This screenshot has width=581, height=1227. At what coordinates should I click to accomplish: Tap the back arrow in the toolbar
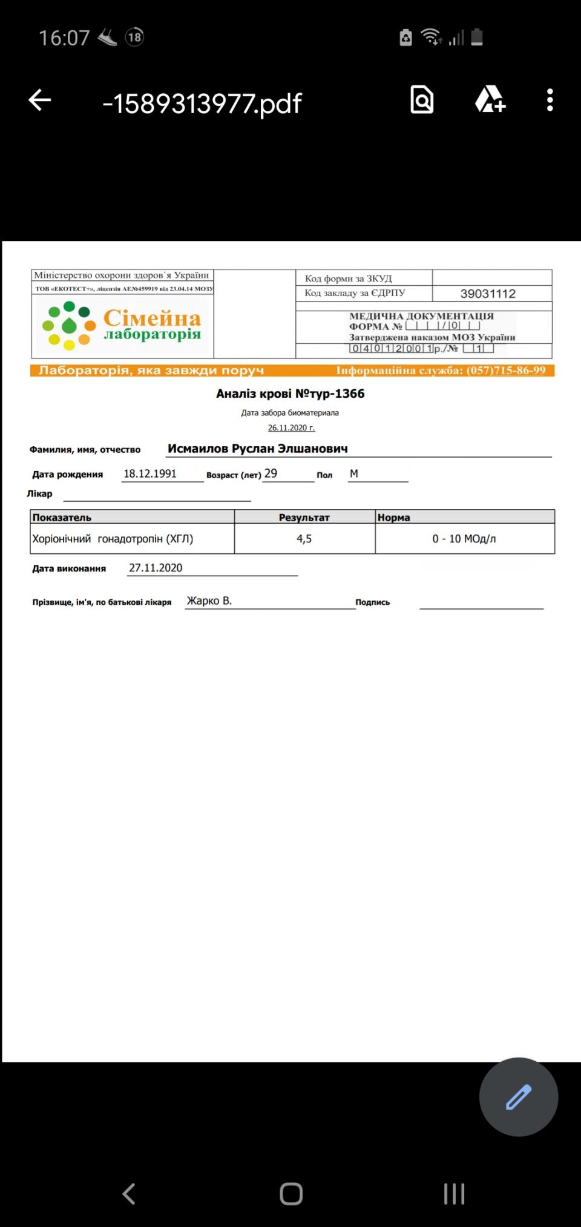click(x=40, y=100)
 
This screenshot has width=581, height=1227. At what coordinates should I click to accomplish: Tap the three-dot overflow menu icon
click(x=550, y=100)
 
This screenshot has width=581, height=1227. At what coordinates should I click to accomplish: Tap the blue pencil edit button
click(x=518, y=1096)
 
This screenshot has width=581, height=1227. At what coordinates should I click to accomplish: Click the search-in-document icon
click(x=422, y=100)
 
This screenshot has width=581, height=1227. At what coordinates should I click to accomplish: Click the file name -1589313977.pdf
click(x=202, y=104)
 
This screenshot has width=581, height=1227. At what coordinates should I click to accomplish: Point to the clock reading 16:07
click(x=64, y=38)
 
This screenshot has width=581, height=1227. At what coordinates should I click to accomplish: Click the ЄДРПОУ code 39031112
click(x=488, y=294)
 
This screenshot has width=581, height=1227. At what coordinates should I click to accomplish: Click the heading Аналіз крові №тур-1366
click(x=290, y=393)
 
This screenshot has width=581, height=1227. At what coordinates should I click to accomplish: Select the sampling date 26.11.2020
click(x=291, y=428)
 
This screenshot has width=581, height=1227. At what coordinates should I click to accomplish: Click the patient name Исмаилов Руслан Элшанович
click(x=257, y=449)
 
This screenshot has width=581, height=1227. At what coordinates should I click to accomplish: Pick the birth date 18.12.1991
click(x=150, y=473)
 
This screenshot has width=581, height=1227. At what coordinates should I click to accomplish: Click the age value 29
click(x=271, y=473)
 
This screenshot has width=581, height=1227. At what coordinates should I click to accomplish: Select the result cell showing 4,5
click(x=304, y=539)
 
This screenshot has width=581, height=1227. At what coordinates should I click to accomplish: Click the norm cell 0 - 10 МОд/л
click(x=464, y=539)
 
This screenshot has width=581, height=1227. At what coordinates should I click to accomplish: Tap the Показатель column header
click(x=62, y=518)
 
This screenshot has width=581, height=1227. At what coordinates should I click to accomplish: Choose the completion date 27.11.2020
click(x=156, y=568)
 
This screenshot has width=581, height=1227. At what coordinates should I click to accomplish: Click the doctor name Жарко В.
click(x=209, y=600)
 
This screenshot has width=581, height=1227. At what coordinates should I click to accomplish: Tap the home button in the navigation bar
click(x=291, y=1193)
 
